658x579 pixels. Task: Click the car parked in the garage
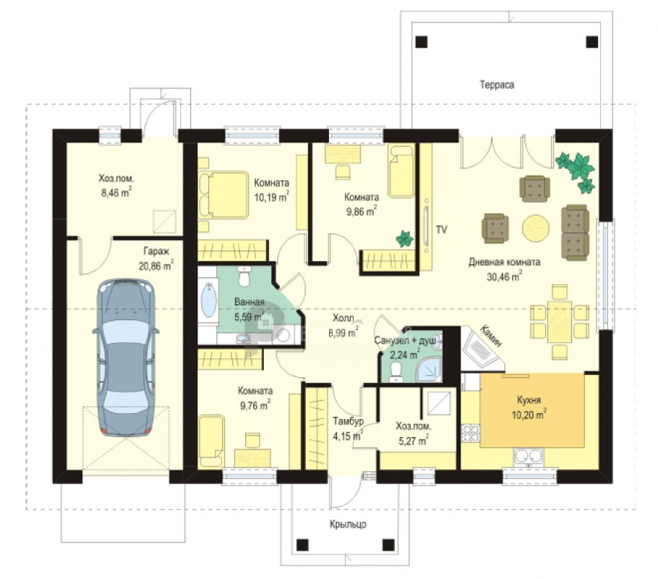point(127,357)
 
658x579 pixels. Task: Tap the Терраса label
point(497,85)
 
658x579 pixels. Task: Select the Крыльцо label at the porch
point(348,525)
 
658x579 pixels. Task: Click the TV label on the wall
point(441,230)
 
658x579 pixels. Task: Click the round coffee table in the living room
point(536,228)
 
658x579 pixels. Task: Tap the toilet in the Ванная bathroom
point(244,276)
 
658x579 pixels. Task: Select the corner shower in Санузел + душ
point(429,370)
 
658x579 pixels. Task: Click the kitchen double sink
point(529,457)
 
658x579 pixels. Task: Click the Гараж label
point(156,252)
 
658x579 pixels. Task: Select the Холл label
point(343,318)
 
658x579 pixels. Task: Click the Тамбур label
point(348,421)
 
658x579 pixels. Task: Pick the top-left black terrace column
point(422,41)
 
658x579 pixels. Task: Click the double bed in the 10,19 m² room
point(223,195)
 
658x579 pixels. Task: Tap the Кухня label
point(529,400)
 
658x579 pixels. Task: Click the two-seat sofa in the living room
point(575,232)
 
